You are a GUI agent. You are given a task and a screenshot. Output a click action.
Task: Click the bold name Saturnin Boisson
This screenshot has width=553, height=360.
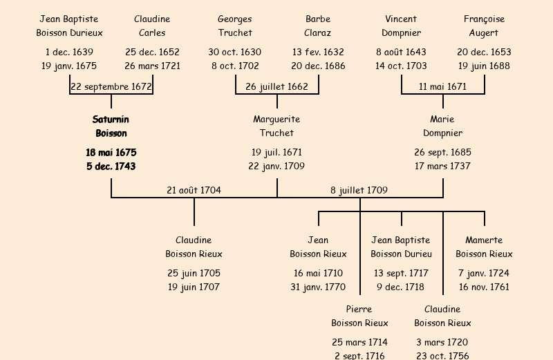click(x=111, y=126)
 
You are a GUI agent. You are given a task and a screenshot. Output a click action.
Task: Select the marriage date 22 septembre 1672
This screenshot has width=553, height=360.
click(x=111, y=87)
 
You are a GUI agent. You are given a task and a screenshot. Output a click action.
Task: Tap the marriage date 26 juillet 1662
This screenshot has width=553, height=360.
click(x=277, y=87)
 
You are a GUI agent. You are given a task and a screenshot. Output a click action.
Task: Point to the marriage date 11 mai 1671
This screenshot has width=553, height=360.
click(x=443, y=87)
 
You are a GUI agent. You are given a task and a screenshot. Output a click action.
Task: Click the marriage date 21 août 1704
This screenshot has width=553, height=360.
click(x=194, y=190)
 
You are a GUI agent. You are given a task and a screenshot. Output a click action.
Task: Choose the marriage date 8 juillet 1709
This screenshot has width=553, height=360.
click(x=359, y=190)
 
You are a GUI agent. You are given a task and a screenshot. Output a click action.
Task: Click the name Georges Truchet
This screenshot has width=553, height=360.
click(x=235, y=26)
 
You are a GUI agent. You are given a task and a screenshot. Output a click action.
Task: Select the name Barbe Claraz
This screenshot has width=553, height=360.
click(x=318, y=26)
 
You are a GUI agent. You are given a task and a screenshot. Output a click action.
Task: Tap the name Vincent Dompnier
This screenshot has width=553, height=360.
click(x=401, y=26)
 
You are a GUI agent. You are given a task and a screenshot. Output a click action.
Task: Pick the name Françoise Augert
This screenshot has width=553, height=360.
click(x=484, y=26)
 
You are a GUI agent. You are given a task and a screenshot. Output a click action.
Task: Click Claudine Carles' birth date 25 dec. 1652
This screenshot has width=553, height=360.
click(x=152, y=52)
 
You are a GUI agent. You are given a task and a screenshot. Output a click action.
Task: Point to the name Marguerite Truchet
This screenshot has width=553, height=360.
click(x=276, y=126)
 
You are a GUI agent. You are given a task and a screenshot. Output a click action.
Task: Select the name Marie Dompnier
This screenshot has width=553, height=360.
click(x=442, y=126)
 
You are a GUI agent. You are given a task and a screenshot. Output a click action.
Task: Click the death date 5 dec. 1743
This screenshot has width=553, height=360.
click(x=111, y=167)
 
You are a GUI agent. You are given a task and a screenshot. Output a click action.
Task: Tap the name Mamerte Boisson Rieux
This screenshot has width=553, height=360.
click(x=484, y=247)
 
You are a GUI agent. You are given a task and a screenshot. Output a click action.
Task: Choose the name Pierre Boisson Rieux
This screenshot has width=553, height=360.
click(x=359, y=316)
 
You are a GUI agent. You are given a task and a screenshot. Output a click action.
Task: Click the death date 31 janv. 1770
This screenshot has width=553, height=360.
click(x=318, y=287)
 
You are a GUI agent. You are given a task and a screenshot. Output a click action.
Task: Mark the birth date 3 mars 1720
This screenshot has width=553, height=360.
click(x=442, y=342)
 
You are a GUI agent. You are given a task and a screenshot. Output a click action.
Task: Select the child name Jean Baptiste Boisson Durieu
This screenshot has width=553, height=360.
click(x=401, y=247)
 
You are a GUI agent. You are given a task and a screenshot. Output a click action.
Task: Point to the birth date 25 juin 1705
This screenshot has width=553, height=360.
click(x=194, y=273)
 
